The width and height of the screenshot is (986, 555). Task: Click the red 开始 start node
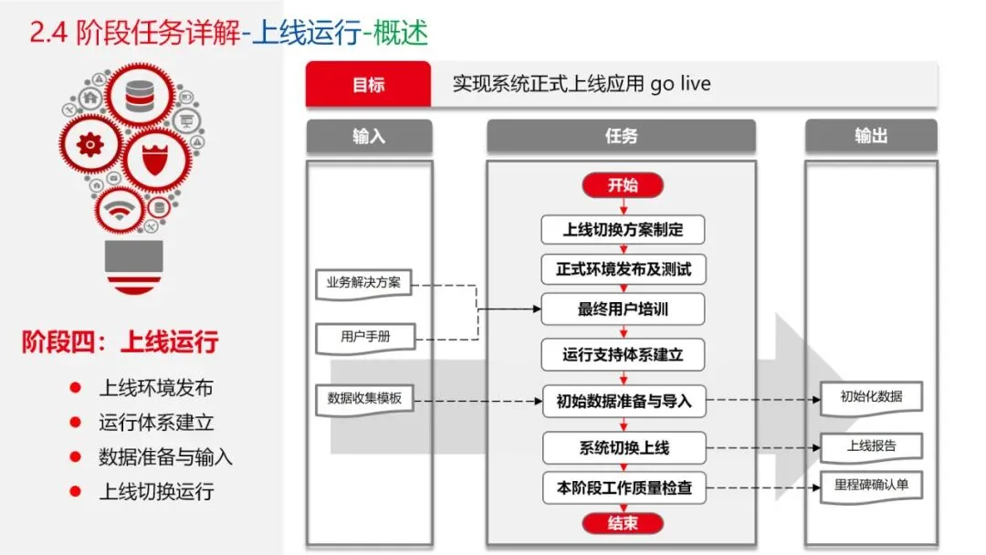click(x=623, y=185)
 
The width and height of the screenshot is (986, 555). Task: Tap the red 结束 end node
click(x=623, y=523)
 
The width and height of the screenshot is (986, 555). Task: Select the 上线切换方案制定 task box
click(x=623, y=229)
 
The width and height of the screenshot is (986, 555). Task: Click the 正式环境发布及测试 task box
click(x=623, y=269)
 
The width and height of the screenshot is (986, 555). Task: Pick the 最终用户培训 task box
click(x=623, y=309)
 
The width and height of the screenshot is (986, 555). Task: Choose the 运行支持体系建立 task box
click(x=623, y=354)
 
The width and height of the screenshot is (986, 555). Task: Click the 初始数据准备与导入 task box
click(x=624, y=400)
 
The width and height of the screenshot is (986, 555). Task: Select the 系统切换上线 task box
click(x=624, y=448)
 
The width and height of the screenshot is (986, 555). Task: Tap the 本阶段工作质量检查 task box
click(x=624, y=488)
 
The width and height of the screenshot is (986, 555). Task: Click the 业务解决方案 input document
click(x=363, y=283)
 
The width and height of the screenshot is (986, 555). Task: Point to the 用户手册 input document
click(x=363, y=337)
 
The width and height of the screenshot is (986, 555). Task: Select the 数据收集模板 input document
click(x=363, y=399)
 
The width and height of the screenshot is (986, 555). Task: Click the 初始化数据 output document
click(x=871, y=397)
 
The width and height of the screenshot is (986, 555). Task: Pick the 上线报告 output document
click(x=871, y=446)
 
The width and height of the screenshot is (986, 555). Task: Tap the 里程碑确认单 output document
click(x=871, y=486)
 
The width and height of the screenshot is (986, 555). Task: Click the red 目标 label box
click(x=368, y=85)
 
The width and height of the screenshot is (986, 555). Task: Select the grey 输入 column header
click(x=369, y=136)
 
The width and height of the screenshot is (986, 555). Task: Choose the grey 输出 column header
click(x=871, y=136)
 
